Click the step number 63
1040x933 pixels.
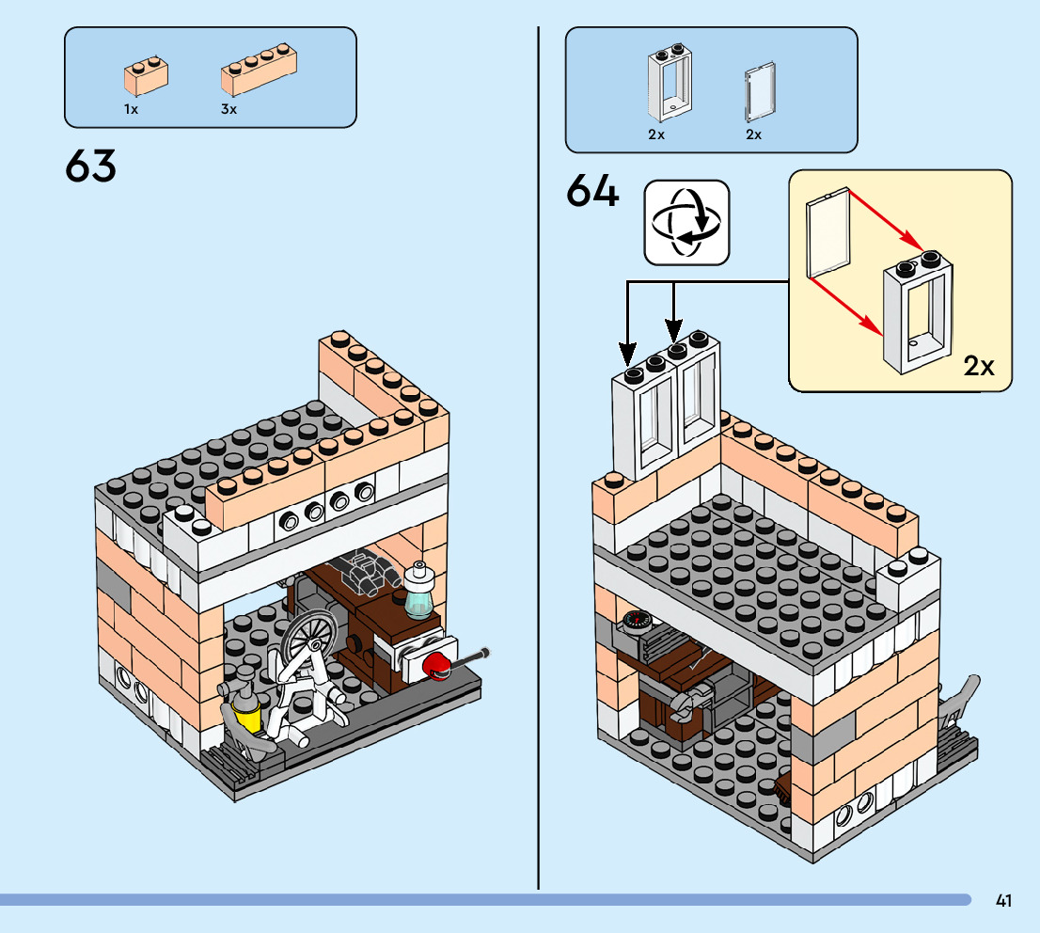(x=91, y=167)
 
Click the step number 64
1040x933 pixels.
(x=593, y=193)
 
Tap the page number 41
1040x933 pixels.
(x=1003, y=901)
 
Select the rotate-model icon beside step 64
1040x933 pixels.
(x=686, y=222)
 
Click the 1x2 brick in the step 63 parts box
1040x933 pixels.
(x=147, y=75)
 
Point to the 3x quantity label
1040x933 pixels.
(x=228, y=109)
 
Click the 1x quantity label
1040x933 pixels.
(x=131, y=109)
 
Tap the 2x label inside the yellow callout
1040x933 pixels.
(x=979, y=366)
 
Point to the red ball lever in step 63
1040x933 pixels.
(x=435, y=665)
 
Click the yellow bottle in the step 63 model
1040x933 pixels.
(x=248, y=718)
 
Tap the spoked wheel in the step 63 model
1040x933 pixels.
(x=307, y=640)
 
